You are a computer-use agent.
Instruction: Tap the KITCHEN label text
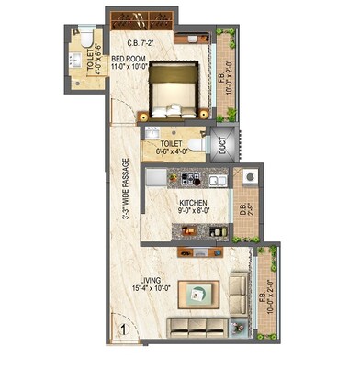[x=192, y=203]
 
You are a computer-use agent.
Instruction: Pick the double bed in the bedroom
[x=174, y=89]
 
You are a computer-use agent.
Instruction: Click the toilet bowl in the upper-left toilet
[x=84, y=39]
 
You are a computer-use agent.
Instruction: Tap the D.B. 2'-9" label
[x=243, y=207]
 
